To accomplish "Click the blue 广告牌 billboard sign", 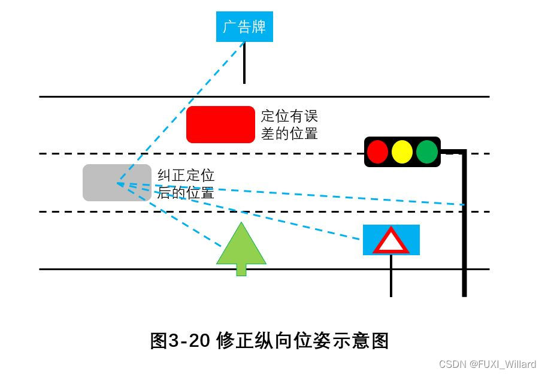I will click(x=244, y=27).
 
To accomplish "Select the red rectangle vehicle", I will click(x=220, y=125).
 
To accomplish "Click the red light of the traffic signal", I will click(x=377, y=152).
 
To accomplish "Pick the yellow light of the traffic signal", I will click(x=402, y=152).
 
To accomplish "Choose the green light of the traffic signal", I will click(x=427, y=152).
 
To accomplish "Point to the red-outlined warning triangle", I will click(x=391, y=241).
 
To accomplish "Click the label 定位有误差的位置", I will click(x=289, y=125).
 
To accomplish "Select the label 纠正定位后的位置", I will click(x=186, y=184).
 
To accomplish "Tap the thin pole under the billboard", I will click(x=244, y=63).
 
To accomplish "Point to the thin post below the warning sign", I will click(x=391, y=276).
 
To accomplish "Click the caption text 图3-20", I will click(x=179, y=341).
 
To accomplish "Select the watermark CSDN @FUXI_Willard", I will click(x=488, y=364).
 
